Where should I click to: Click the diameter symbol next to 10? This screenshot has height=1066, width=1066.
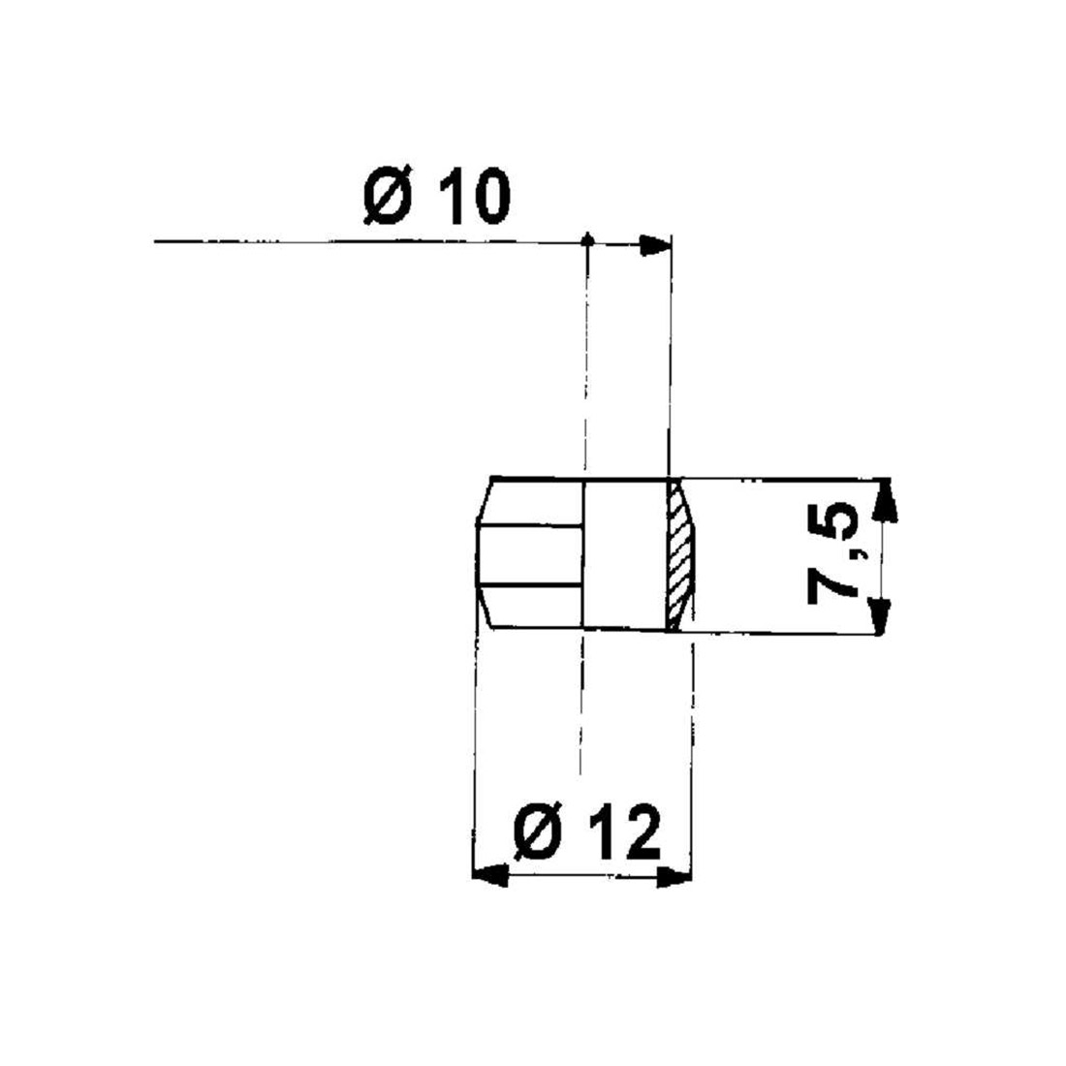click(x=386, y=199)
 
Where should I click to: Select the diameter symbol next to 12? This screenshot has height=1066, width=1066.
click(x=535, y=832)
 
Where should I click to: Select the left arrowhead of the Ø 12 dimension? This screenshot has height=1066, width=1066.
click(x=488, y=876)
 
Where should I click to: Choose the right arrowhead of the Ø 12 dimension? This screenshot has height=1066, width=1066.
click(x=676, y=877)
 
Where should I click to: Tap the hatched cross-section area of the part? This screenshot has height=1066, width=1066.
click(x=680, y=556)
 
